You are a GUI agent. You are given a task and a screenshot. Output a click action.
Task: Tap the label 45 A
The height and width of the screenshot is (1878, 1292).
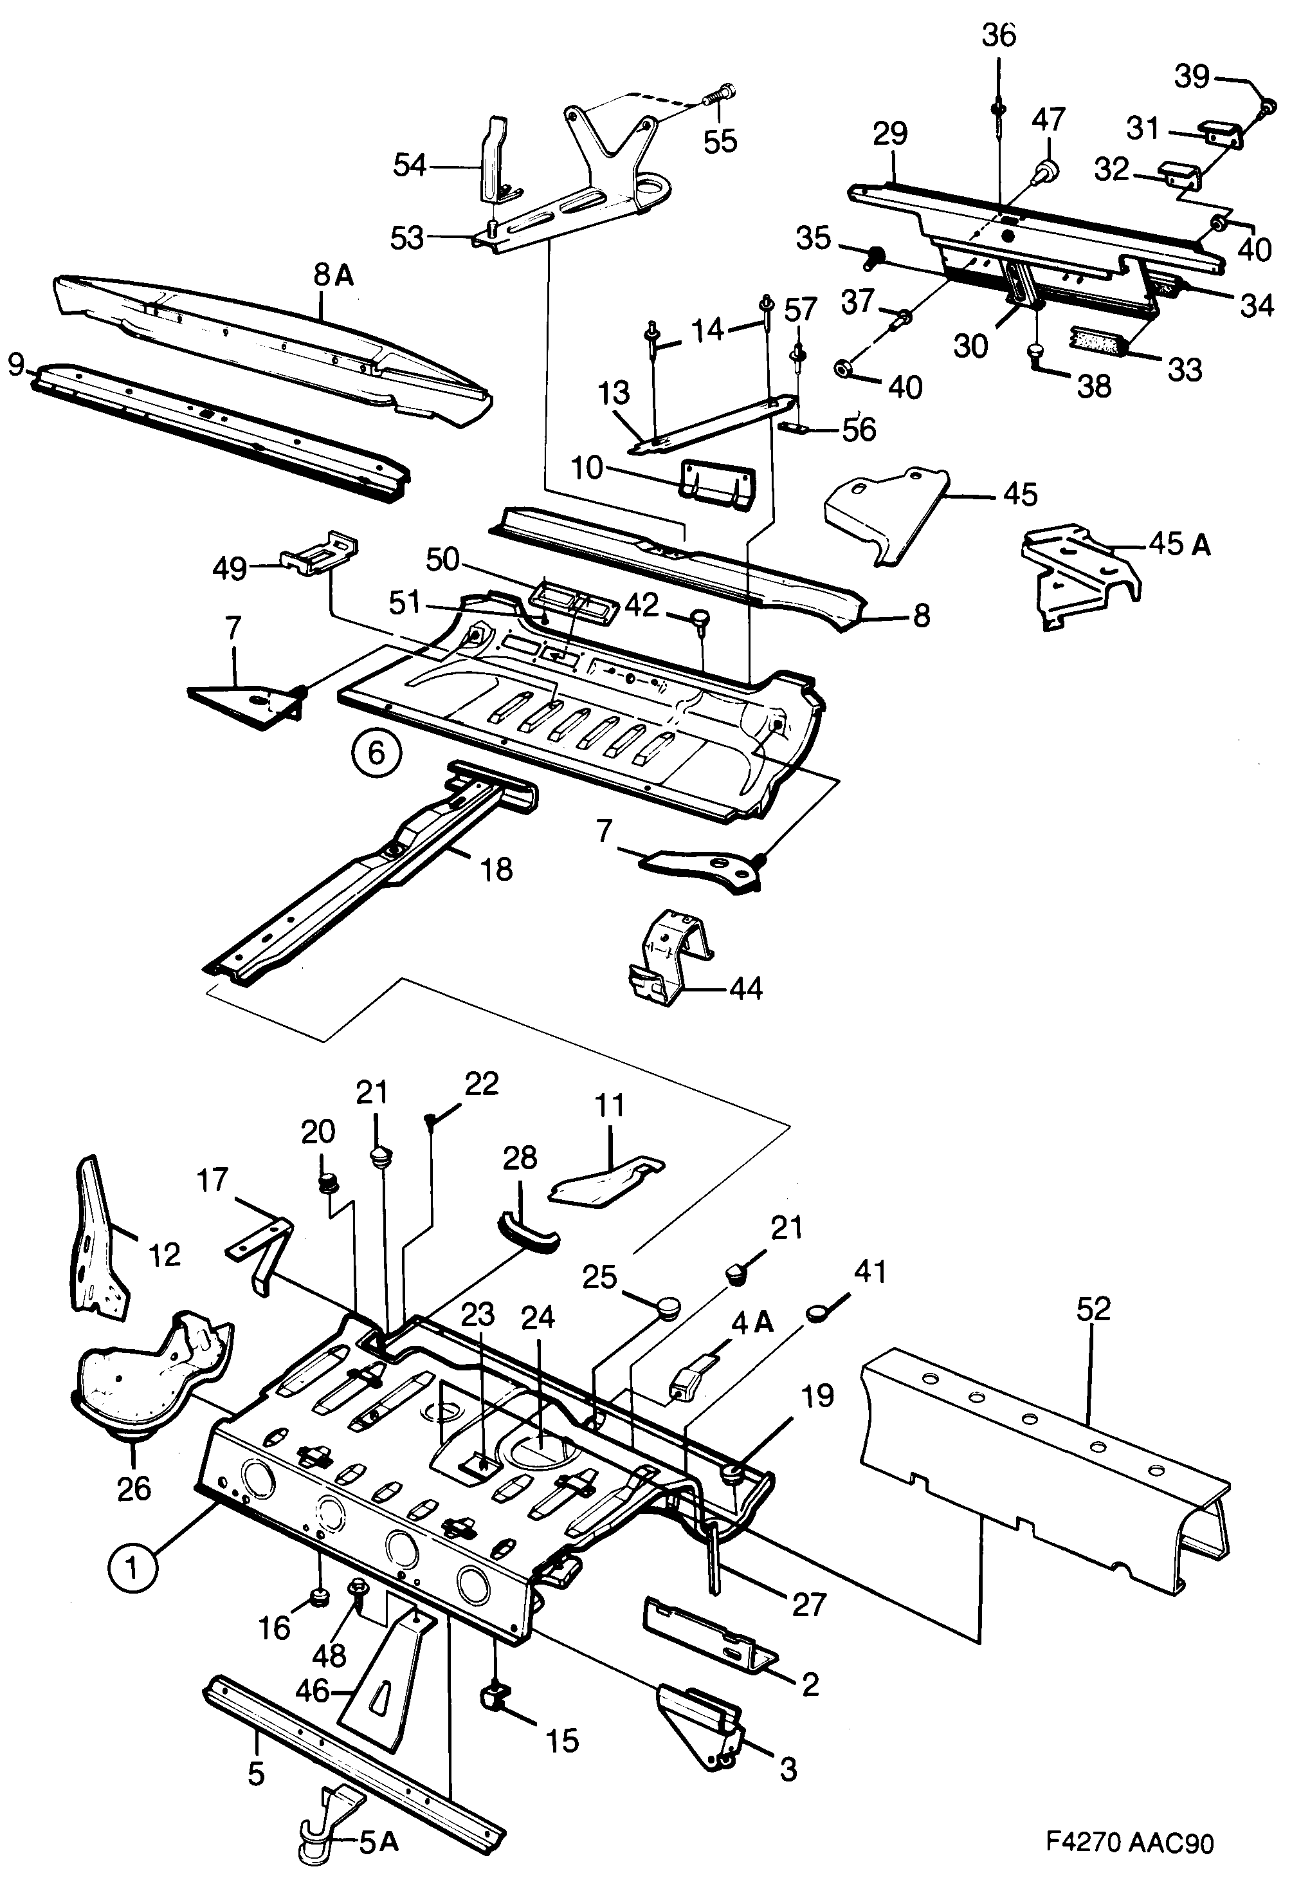(1179, 545)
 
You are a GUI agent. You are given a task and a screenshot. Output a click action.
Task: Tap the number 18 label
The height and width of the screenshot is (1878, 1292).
(496, 870)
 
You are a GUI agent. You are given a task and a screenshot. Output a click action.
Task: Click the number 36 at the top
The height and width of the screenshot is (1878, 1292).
(998, 37)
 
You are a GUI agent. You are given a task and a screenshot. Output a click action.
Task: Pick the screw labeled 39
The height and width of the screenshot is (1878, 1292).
(1268, 106)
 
